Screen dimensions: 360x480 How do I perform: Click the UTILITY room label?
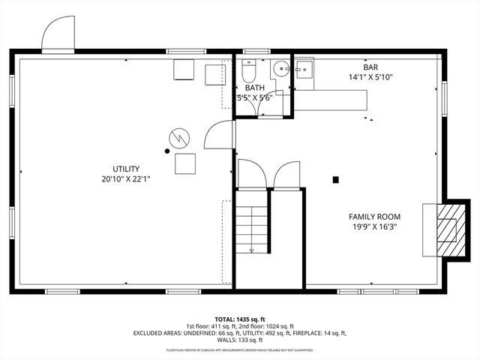tap(126, 169)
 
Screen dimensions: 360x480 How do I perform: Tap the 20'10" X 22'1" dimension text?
tap(126, 180)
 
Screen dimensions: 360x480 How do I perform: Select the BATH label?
tap(254, 88)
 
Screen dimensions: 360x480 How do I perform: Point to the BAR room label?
tap(370, 67)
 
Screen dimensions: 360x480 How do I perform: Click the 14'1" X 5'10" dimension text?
tap(370, 77)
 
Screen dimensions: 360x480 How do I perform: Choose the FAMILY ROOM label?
tap(373, 216)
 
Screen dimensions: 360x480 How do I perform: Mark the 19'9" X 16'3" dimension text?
tap(373, 226)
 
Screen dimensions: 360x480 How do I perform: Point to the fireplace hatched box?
tap(447, 229)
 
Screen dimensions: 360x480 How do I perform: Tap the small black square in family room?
tap(335, 179)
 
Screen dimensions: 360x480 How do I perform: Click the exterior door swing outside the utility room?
tap(58, 36)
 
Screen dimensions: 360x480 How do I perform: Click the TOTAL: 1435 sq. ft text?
tap(240, 319)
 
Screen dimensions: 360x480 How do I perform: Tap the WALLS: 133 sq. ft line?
tap(240, 340)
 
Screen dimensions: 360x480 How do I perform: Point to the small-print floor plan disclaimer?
tap(240, 350)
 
